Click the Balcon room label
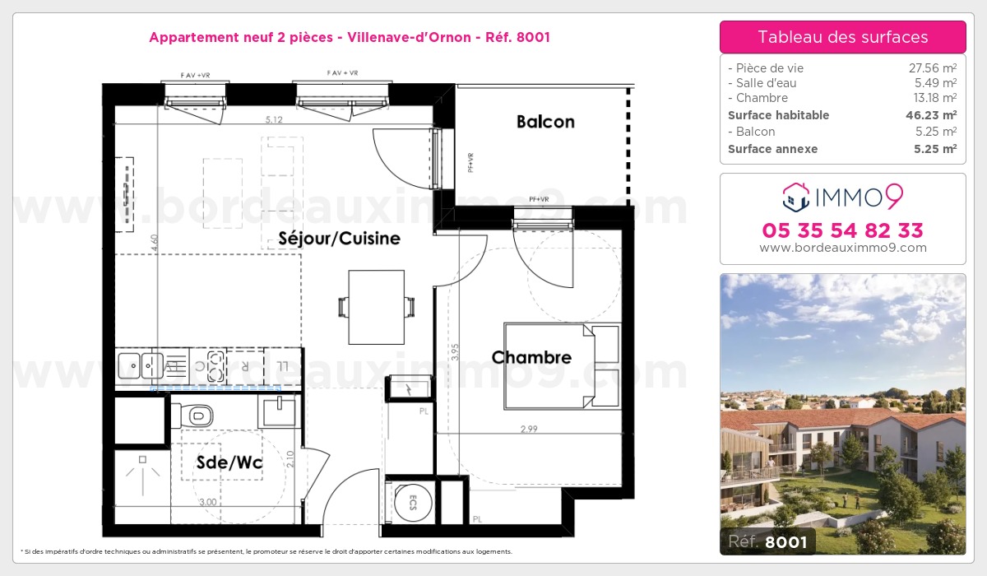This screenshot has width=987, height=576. point(545,122)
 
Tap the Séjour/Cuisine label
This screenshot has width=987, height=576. point(339,239)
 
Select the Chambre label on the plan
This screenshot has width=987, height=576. point(531,357)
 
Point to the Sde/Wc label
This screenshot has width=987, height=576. point(229,463)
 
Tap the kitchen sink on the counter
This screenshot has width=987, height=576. point(141,363)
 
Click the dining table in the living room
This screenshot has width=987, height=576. point(376,307)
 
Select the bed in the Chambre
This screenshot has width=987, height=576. point(561,366)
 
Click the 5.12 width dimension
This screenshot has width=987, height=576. point(274,120)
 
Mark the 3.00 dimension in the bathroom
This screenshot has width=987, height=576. point(207,502)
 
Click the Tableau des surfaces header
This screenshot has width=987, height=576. point(842,37)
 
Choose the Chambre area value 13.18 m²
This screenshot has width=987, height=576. point(931,99)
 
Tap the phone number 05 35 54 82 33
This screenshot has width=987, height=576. point(842,230)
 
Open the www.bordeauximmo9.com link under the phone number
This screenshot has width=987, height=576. point(842,248)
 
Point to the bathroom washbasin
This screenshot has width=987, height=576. point(278,409)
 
